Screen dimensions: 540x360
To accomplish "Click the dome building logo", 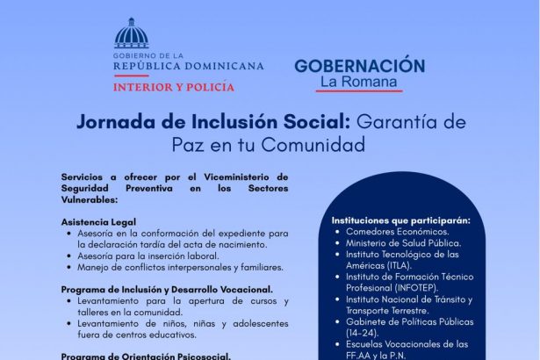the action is (x=131, y=33).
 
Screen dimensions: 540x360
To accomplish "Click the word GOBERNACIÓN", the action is (x=360, y=66).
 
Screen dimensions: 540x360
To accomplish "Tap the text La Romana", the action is (x=358, y=82).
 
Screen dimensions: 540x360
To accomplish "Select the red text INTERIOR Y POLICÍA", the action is (x=174, y=87).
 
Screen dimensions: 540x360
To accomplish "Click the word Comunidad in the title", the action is (x=313, y=145).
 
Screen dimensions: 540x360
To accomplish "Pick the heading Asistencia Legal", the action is (x=98, y=222).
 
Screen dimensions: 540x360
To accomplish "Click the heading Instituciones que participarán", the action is (x=401, y=220).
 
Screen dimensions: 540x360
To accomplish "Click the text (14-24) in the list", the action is (x=363, y=333).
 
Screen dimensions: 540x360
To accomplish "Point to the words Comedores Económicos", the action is (x=398, y=232).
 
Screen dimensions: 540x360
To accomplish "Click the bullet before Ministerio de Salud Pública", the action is (x=337, y=243).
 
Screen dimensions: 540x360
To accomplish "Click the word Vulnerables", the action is (x=89, y=200).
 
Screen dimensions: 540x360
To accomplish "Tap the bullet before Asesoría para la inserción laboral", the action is (x=69, y=256).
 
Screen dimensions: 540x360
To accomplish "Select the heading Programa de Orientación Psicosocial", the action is (x=146, y=356).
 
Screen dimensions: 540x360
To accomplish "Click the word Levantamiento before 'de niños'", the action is (x=108, y=324).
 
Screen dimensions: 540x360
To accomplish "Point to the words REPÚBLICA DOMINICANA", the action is (x=189, y=66).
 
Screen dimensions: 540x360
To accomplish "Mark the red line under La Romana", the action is (x=359, y=91).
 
